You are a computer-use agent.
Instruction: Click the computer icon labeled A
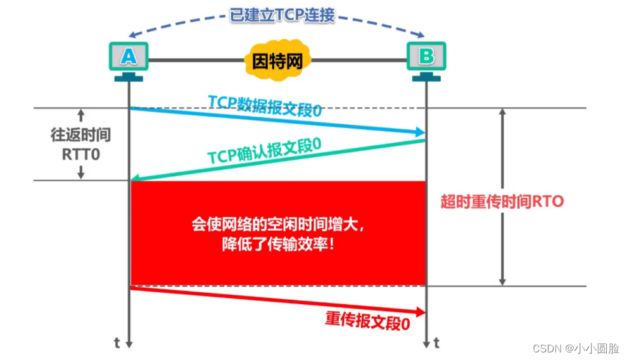coord(129,61)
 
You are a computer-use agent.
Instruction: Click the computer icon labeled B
coord(426,61)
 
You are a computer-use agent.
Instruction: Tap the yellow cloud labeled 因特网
coord(277,61)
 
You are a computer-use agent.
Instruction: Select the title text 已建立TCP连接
coord(282,15)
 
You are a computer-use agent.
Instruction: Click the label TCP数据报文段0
coord(265,106)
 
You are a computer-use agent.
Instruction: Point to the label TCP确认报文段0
coord(264,151)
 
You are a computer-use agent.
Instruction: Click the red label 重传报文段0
coord(367,321)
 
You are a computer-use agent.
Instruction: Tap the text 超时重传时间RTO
coord(502,202)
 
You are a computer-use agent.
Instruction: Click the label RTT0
coord(81,155)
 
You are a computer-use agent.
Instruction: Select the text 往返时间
coord(81,135)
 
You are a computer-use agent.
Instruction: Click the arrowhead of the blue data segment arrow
coord(421,132)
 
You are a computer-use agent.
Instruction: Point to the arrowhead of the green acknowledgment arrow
coord(136,178)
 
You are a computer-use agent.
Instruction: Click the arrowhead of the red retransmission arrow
coord(421,312)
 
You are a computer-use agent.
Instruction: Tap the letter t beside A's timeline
coord(117,343)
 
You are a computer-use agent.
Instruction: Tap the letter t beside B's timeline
coord(436,343)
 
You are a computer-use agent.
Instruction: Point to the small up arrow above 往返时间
coord(81,115)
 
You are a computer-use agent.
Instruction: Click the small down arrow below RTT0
coord(81,172)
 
